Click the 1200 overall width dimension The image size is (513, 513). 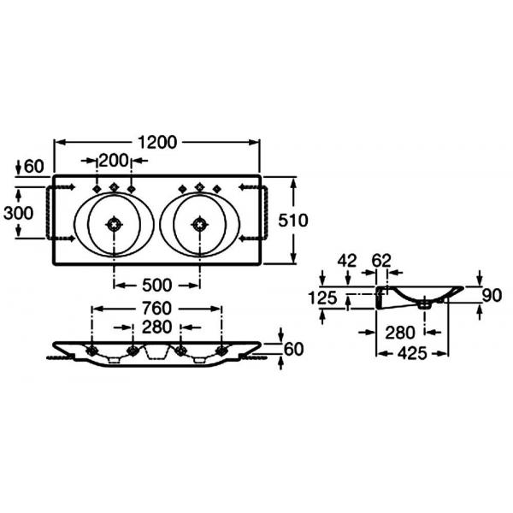(x=157, y=142)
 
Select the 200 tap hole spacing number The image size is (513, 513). (x=113, y=161)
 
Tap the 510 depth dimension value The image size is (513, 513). (x=292, y=221)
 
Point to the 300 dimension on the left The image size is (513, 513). (x=18, y=213)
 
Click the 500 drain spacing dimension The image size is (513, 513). (x=157, y=286)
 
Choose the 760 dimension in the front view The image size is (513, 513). (x=156, y=309)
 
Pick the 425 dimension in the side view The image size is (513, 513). (x=412, y=353)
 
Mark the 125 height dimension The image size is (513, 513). (x=322, y=298)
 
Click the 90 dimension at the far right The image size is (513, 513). (x=492, y=296)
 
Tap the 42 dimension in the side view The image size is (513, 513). (x=347, y=261)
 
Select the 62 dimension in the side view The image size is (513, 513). (x=381, y=261)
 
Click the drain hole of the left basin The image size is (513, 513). (x=114, y=225)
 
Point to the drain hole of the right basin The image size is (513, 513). (x=199, y=225)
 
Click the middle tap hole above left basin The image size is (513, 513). (x=114, y=186)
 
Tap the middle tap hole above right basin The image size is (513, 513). (x=199, y=186)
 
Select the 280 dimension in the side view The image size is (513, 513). (x=400, y=333)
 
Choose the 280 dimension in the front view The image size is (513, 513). (x=156, y=327)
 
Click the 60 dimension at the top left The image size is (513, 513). (x=33, y=167)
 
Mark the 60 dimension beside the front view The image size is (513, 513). (x=293, y=349)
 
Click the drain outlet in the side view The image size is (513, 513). (x=425, y=305)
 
